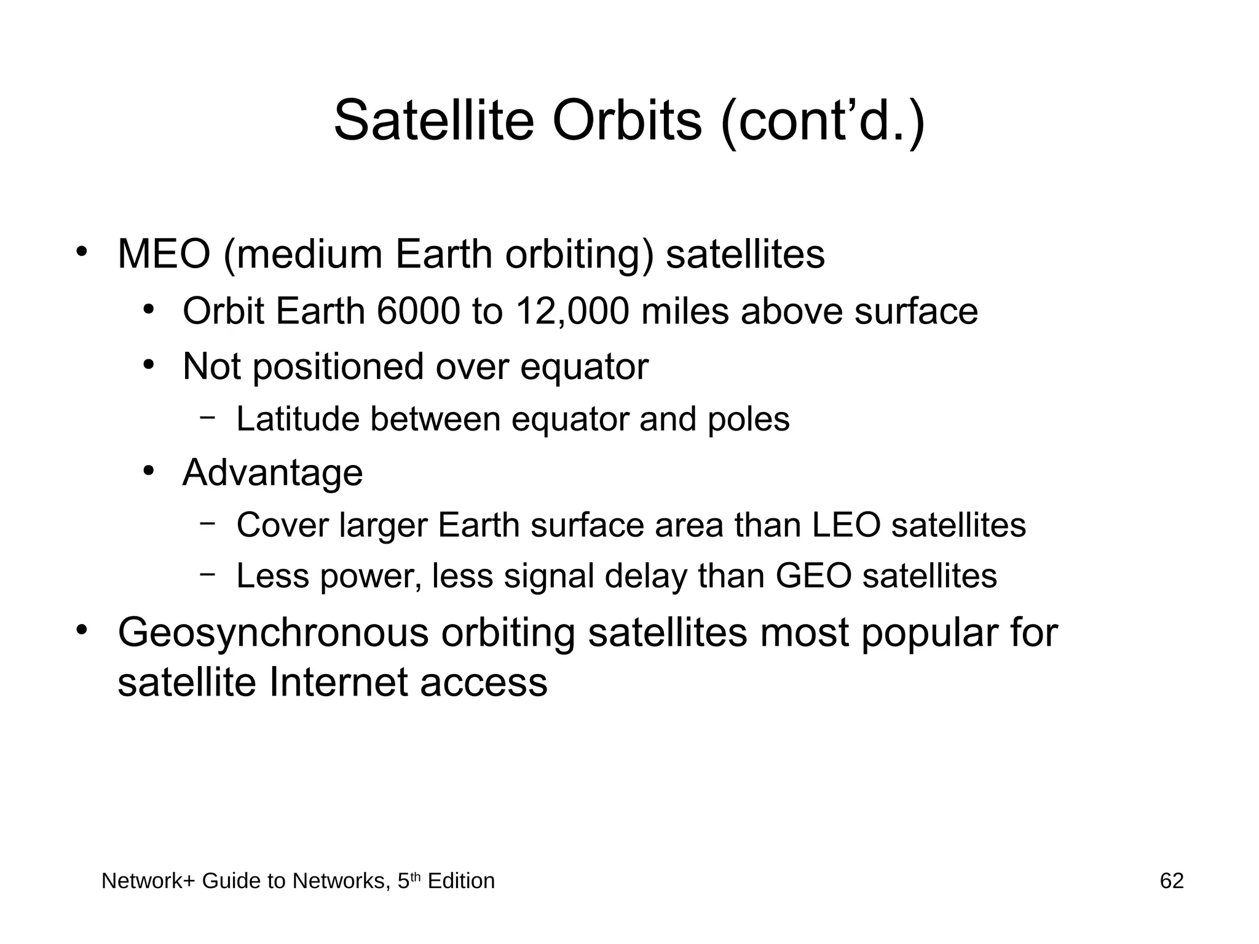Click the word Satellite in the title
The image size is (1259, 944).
433,120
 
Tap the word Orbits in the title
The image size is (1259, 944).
626,120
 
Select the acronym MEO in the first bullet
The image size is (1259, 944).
164,254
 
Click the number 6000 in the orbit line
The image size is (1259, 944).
418,311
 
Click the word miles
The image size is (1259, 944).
685,311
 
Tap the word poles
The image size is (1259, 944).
748,421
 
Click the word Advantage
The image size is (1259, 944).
272,473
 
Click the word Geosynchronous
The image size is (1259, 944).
273,633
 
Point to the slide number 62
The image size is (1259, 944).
1171,881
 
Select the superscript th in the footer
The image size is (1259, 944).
416,877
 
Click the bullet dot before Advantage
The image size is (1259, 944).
148,471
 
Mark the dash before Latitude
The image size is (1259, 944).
208,418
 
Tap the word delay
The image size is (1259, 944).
651,576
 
